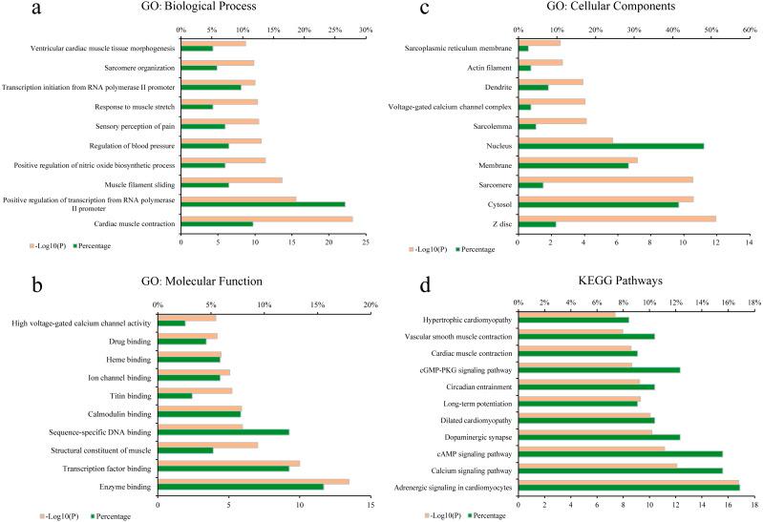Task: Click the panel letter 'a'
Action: pyautogui.click(x=14, y=10)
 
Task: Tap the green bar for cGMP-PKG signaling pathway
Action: pyautogui.click(x=599, y=369)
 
